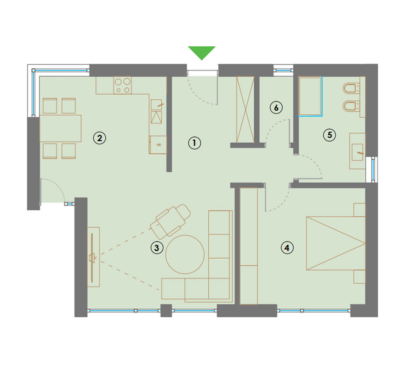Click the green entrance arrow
pos(202,52)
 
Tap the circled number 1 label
pos(194,143)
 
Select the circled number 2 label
pos(100,138)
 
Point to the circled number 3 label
pos(157,247)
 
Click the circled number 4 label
pos(287,247)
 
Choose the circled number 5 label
pos(330,135)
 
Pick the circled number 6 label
pos(276,107)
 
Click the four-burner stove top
pos(123,85)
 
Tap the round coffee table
pos(185,255)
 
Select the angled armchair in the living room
pos(170,221)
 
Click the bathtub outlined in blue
pos(310,96)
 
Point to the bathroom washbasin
pos(358,151)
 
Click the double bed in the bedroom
pos(336,243)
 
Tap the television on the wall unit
pos(92,257)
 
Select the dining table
pos(60,128)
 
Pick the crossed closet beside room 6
pos(245,109)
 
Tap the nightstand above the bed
pos(360,210)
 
